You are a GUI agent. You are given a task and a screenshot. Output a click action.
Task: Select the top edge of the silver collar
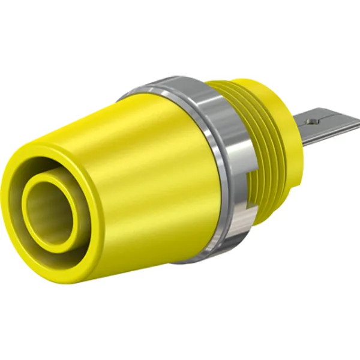pos(174,82)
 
